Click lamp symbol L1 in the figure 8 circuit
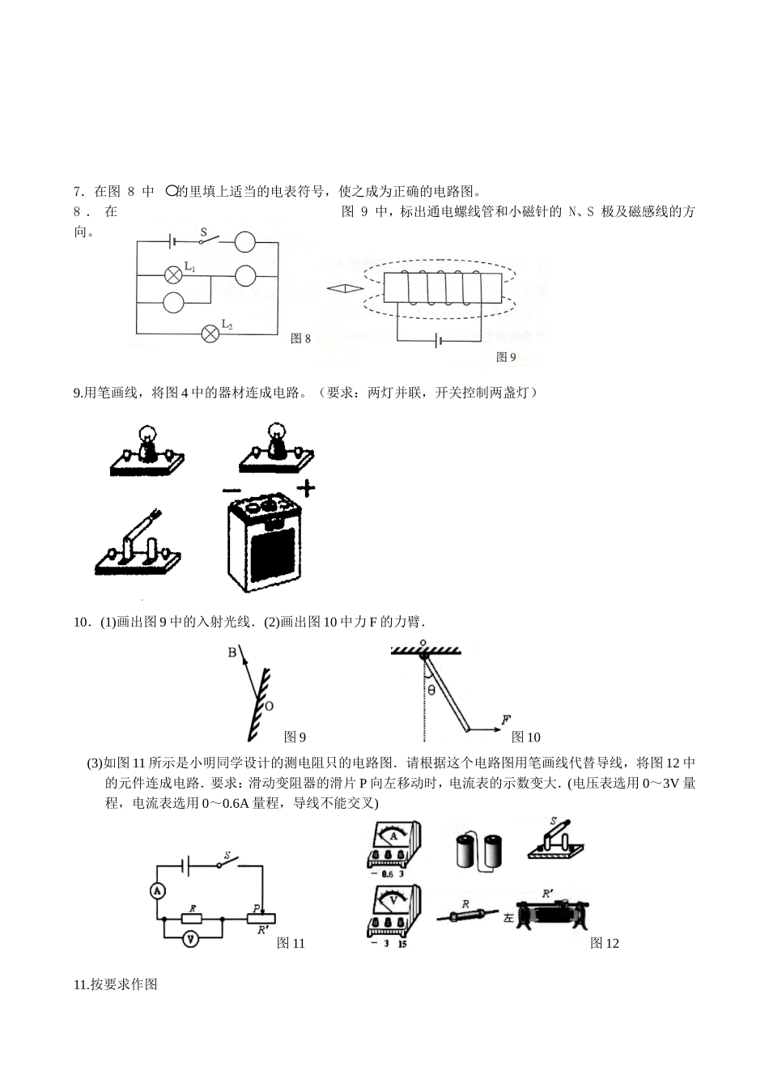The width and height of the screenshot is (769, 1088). coord(172,274)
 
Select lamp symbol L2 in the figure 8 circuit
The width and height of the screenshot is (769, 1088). coord(210,332)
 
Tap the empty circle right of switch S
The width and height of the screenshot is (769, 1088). coord(245,240)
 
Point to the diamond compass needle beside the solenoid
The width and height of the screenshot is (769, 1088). coord(343,287)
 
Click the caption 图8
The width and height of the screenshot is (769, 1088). coord(300,338)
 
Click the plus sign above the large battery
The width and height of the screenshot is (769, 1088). coord(305,488)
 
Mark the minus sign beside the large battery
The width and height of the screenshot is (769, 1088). coord(232,491)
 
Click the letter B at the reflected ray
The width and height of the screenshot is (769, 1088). coord(232,652)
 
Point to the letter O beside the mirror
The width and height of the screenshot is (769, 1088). coord(269,706)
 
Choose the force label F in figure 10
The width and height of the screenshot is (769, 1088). coord(505,719)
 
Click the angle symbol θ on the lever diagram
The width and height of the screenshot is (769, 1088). coord(431,691)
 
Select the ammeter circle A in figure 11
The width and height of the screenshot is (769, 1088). coord(159,890)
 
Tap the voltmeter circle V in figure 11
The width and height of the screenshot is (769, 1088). coord(190,939)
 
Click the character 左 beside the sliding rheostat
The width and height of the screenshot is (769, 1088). coord(508,919)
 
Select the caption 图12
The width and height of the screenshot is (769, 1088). coord(604,943)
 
